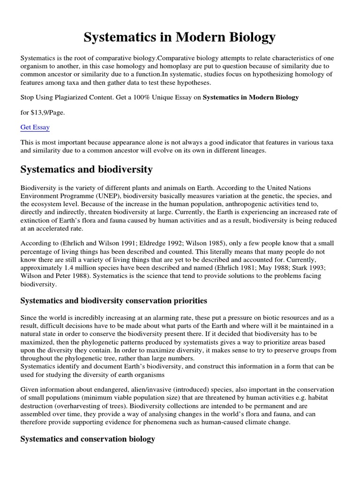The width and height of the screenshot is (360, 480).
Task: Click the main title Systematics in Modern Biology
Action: click(180, 37)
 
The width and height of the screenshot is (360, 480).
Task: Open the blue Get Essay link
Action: click(35, 127)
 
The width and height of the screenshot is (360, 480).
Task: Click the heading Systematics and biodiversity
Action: click(86, 169)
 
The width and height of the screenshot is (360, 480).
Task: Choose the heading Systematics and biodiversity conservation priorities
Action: click(114, 300)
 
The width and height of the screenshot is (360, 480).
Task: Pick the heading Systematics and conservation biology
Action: click(88, 439)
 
